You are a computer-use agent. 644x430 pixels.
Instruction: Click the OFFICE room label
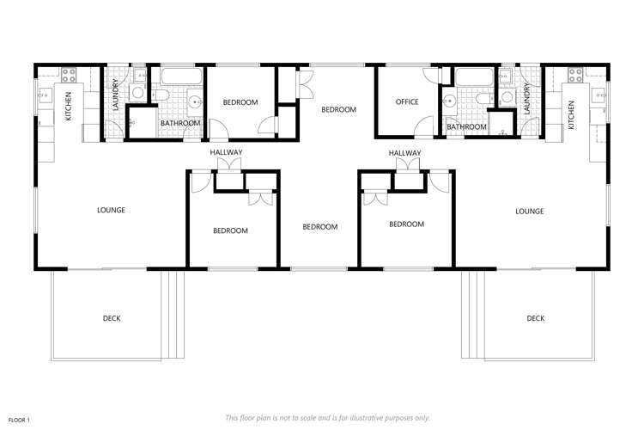pos(407,102)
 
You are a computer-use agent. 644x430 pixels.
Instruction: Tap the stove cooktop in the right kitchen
pos(573,73)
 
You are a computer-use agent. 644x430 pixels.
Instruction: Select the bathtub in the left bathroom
pos(181,77)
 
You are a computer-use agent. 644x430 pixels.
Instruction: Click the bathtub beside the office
pos(470,77)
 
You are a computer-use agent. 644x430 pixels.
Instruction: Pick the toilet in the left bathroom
pos(161,95)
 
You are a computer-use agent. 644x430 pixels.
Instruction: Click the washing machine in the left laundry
pos(137,92)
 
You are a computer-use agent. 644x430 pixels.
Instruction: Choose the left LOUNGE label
pos(112,210)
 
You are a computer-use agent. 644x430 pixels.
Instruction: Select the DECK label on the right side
pos(536,318)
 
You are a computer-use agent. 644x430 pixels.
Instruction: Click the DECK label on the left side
pos(112,318)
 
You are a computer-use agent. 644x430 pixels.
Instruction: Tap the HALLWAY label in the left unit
pos(227,152)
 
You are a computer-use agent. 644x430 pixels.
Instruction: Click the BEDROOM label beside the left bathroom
pos(240,102)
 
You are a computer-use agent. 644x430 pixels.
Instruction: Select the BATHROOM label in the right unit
pos(466,126)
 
